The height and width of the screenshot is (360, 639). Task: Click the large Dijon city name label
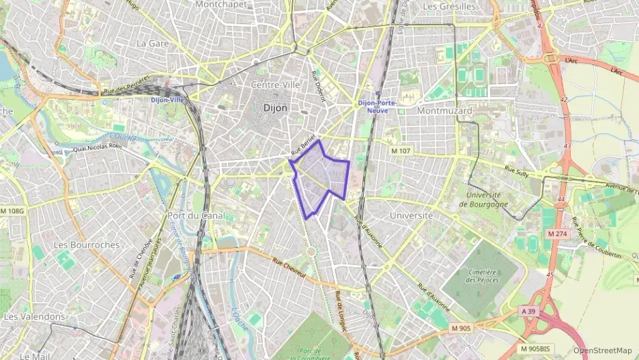coord(276,108)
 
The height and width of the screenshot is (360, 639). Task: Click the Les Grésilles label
coord(449,6)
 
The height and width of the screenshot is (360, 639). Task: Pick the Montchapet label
coord(221,4)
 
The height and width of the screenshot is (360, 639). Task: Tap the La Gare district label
coord(152,42)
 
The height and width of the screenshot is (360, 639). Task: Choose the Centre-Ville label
coord(276,85)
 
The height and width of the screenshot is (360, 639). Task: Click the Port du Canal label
coord(196,216)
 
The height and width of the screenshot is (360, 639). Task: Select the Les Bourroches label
coord(86,245)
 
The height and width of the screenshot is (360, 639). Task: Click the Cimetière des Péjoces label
coord(481,275)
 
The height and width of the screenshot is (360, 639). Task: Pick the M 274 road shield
coord(557,234)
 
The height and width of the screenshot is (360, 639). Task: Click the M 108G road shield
coord(12,211)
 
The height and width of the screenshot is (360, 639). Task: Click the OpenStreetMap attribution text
coord(603,350)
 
